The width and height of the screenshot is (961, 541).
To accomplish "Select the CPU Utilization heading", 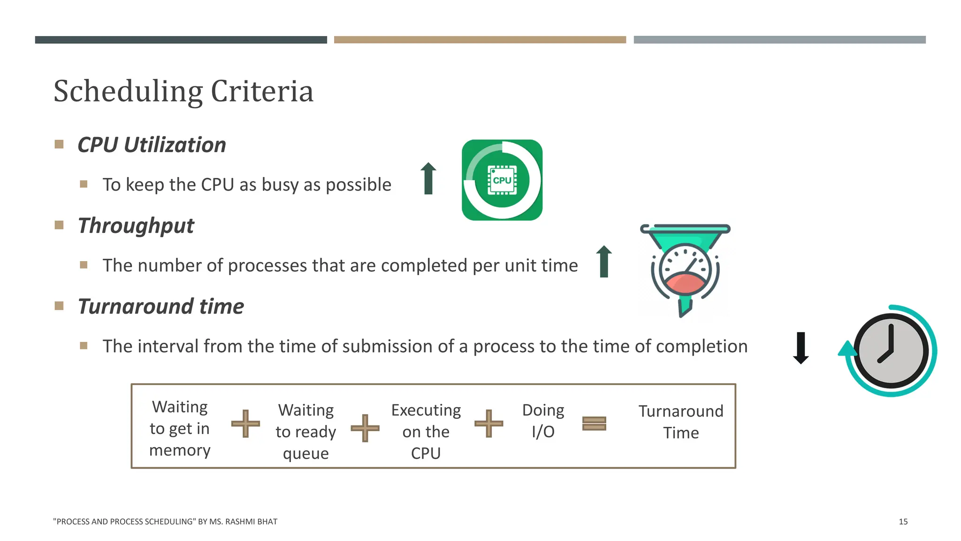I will click(x=152, y=145).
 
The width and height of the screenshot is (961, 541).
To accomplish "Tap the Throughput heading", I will click(x=136, y=225).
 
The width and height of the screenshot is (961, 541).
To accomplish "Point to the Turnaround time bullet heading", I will click(x=160, y=306).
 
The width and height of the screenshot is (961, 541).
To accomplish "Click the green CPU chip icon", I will click(x=502, y=180).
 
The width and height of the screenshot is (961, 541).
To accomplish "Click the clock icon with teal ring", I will click(x=890, y=351).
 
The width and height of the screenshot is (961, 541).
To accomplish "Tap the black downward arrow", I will click(x=801, y=348).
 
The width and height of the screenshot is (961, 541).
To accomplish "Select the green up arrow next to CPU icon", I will click(x=428, y=178).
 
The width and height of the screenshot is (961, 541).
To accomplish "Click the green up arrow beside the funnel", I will click(x=604, y=262).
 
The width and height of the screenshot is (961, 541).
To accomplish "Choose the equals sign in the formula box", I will click(x=594, y=424).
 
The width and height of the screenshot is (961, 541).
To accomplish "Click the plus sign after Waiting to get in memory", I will click(x=245, y=424).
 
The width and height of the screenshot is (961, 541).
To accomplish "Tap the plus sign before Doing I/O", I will click(x=488, y=424).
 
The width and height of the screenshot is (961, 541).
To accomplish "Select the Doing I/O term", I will click(x=543, y=421).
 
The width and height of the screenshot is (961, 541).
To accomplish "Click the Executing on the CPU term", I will click(x=426, y=432).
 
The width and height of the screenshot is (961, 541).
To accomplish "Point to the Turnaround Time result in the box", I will click(x=681, y=422).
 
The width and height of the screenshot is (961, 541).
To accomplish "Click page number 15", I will click(x=903, y=522).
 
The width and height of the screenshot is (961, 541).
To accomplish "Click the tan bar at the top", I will click(x=480, y=40).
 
